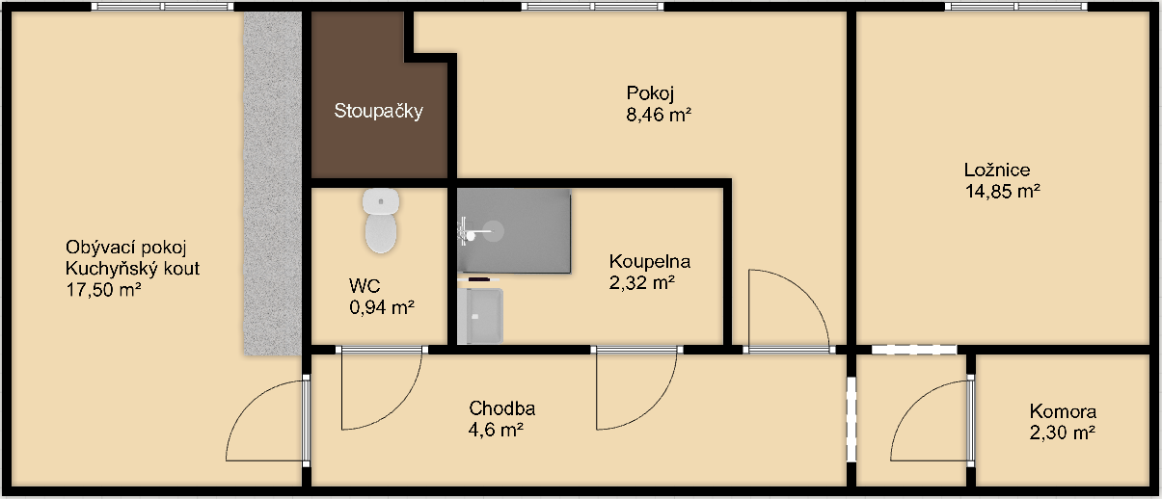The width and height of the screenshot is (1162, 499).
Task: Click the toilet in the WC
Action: coord(381,221)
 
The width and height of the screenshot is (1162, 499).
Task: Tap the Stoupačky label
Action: coord(378,111)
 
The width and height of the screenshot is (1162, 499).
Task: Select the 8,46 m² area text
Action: coord(659,115)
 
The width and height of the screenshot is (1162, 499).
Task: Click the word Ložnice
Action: coord(997,170)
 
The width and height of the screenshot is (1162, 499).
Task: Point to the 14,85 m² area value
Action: coord(1002,191)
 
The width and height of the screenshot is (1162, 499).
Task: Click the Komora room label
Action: coord(1063,411)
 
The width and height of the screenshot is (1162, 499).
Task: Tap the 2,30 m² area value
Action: coord(1063,433)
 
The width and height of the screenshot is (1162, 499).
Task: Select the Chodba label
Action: coord(501,408)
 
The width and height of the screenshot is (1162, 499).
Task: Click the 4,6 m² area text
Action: coord(496,430)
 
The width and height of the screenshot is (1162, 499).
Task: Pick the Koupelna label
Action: coord(650,262)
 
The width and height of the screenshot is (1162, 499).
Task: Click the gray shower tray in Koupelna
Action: coord(514,231)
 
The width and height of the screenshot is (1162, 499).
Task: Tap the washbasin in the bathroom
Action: coord(480,316)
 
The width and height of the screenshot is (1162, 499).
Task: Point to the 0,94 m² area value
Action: coord(382,308)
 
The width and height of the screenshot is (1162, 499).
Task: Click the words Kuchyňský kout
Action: coord(132,269)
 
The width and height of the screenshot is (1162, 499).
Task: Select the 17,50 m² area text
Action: coord(103,290)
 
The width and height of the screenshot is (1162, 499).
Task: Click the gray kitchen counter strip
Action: coord(273,183)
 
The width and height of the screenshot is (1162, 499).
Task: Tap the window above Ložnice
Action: coord(1015,6)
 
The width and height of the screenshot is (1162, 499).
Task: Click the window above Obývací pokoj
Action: coord(162,6)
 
